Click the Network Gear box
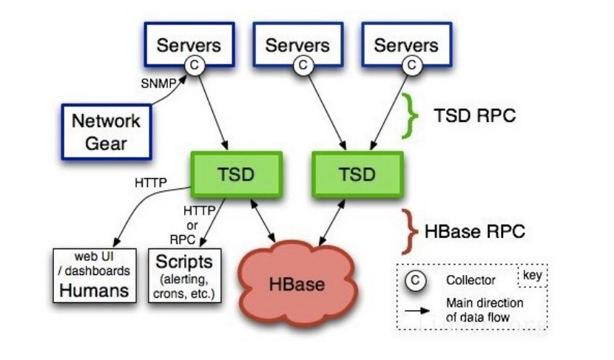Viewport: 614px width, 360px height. pos(107,131)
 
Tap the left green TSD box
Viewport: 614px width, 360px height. pos(236,174)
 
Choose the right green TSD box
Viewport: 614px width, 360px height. pos(358,174)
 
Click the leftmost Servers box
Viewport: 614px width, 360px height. pos(188,44)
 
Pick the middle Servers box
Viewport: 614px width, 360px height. pos(297,44)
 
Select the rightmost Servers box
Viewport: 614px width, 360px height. pos(405,44)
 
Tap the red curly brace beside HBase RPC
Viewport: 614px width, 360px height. pos(408,230)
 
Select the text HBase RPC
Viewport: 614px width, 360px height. pos(475,231)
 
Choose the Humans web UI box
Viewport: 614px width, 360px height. pos(95,274)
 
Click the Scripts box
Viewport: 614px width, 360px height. pos(185,274)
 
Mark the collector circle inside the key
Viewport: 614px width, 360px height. pos(416,281)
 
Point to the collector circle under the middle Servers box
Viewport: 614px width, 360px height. pos(301,65)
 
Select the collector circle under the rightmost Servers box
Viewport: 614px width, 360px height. pos(409,65)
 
